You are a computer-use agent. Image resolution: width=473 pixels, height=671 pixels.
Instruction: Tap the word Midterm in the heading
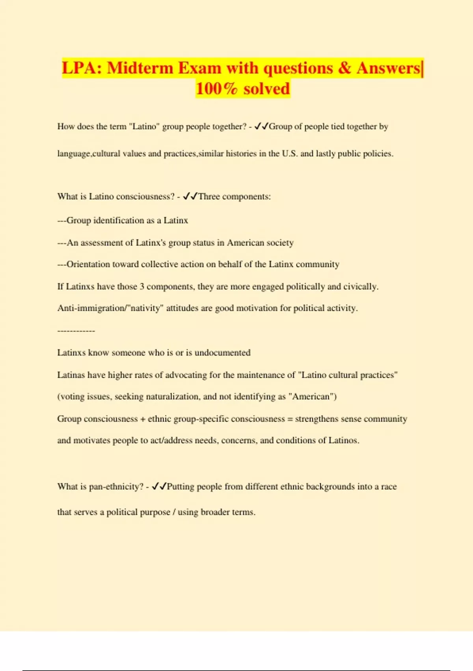(x=140, y=68)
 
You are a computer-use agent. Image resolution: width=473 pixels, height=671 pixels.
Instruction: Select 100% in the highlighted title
(x=216, y=89)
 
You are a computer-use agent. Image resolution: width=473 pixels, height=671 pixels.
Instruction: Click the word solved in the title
(x=266, y=89)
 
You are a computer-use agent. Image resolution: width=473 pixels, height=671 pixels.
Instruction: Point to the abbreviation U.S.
(x=290, y=154)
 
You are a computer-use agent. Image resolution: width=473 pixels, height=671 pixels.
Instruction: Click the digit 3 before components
(x=142, y=287)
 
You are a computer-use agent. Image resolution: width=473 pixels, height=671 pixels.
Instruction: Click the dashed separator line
(x=76, y=331)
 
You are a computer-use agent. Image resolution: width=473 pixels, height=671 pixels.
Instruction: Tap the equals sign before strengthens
(x=290, y=419)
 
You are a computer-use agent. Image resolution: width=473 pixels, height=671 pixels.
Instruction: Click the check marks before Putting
(x=159, y=487)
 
